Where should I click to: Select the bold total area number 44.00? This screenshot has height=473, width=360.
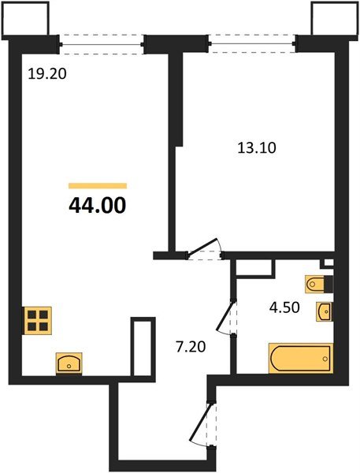click(x=97, y=206)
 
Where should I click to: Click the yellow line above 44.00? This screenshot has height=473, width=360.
click(x=97, y=185)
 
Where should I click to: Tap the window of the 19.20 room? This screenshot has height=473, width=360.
click(x=103, y=44)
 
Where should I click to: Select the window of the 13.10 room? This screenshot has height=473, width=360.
click(x=253, y=44)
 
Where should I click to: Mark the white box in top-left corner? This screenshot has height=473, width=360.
click(x=27, y=19)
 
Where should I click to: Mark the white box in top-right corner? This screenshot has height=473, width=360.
click(x=333, y=19)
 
